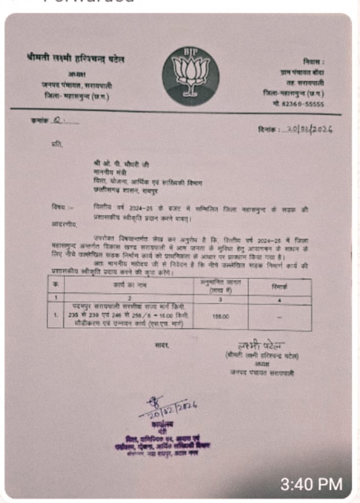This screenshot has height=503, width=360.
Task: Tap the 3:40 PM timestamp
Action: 311,484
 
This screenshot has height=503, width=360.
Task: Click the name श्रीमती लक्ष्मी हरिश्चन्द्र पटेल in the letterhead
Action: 75,60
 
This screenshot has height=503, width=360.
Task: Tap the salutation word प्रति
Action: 56,145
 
